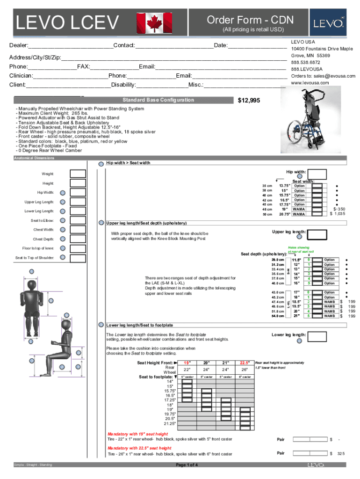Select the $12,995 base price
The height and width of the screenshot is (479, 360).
pyautogui.click(x=249, y=101)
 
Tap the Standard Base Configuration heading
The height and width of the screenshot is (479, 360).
pyautogui.click(x=158, y=100)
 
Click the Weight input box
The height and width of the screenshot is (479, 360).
pyautogui.click(x=78, y=174)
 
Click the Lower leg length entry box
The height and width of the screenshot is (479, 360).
pyautogui.click(x=317, y=336)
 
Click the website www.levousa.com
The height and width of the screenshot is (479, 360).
pyautogui.click(x=310, y=83)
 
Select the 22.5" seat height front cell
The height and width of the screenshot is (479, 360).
pyautogui.click(x=244, y=363)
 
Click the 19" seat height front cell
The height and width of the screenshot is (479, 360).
pyautogui.click(x=187, y=363)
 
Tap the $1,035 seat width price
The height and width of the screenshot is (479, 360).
pyautogui.click(x=338, y=214)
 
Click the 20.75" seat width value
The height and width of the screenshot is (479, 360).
pyautogui.click(x=284, y=214)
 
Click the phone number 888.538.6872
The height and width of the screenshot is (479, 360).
pyautogui.click(x=305, y=62)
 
